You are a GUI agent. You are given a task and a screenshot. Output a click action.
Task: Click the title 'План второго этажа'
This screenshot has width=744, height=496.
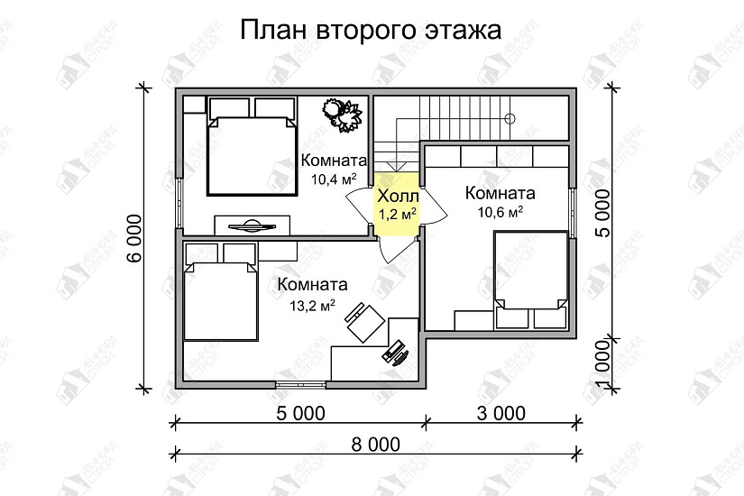coord(371,32)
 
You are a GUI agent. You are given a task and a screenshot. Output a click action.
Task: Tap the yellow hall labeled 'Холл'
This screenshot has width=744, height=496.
coord(397,205)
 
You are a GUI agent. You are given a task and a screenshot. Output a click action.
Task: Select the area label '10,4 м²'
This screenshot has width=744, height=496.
coord(333,179)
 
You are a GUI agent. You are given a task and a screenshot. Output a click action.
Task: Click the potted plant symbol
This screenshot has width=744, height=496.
coord(343,115)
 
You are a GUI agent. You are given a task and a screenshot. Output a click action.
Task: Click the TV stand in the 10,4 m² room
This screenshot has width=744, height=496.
coord(253,225)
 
